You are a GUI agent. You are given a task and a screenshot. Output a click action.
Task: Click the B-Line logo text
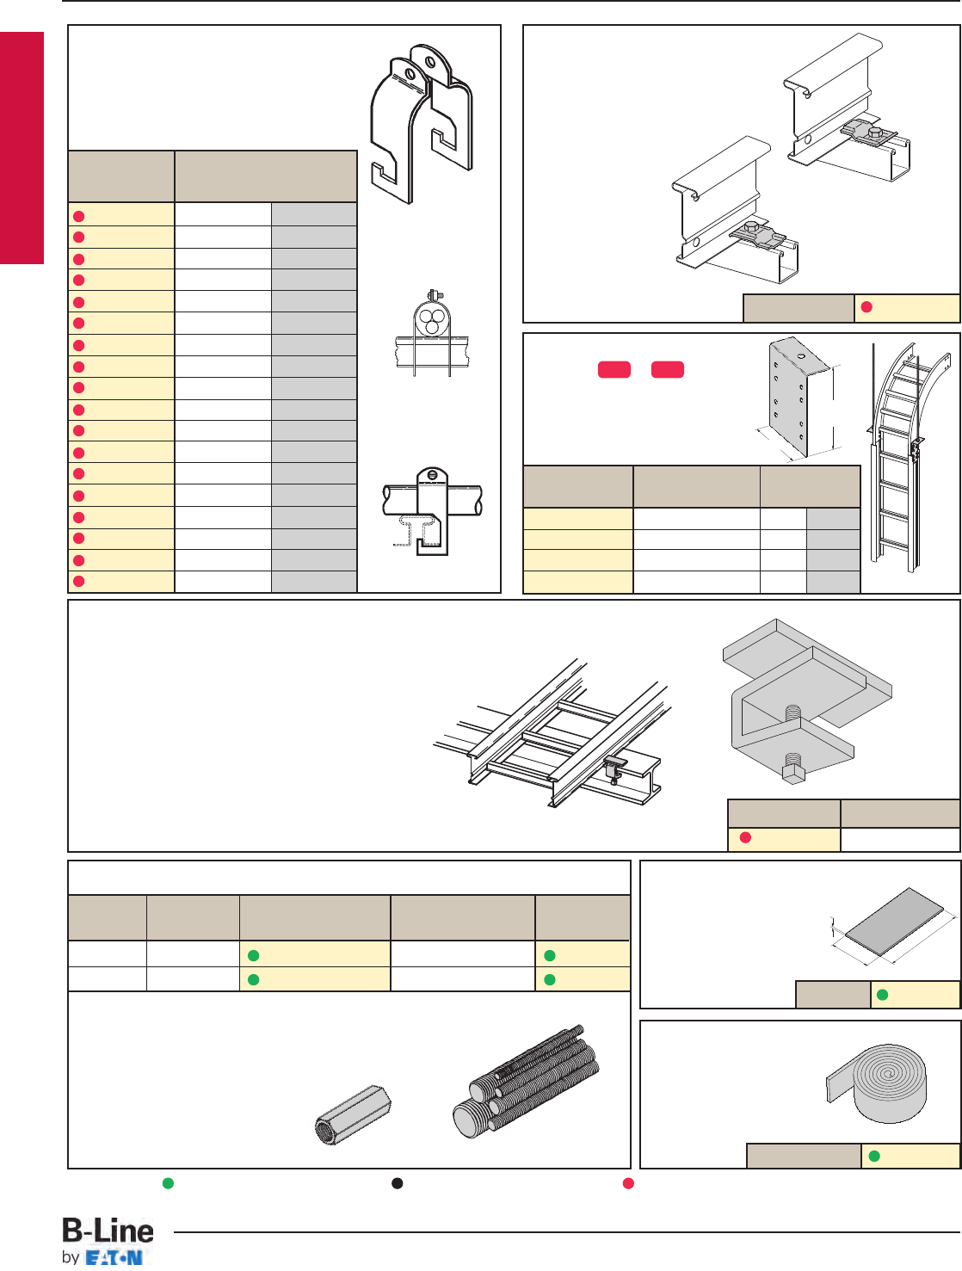tap(108, 1231)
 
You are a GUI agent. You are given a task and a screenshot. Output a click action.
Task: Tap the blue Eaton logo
tap(114, 1257)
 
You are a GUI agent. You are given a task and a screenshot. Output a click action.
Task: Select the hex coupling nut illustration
tap(352, 1115)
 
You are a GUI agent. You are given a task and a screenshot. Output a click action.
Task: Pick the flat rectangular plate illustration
tap(896, 922)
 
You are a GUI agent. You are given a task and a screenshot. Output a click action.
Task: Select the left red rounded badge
tap(614, 369)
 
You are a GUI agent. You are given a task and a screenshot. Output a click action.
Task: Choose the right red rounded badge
tap(668, 369)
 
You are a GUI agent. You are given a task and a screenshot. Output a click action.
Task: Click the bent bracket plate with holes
tap(799, 397)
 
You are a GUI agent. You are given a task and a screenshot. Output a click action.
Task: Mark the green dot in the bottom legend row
tap(169, 1182)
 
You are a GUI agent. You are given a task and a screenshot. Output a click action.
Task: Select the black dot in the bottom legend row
tap(398, 1182)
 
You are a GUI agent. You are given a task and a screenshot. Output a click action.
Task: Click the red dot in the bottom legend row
tap(629, 1182)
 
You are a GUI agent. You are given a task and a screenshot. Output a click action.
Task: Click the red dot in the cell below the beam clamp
tap(746, 838)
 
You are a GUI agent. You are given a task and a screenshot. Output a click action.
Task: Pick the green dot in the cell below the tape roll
tap(874, 1156)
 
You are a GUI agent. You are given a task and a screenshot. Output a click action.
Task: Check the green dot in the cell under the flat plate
tap(882, 996)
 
